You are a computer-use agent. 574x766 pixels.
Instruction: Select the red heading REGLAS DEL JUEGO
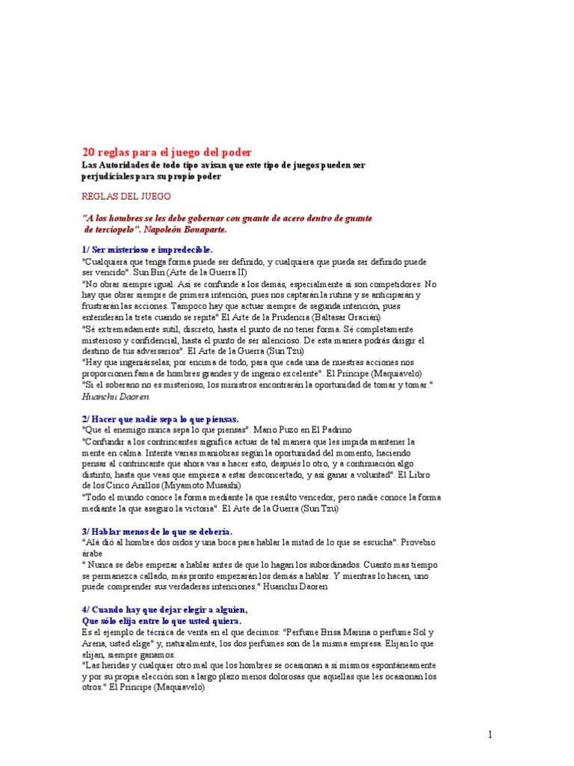tap(126, 197)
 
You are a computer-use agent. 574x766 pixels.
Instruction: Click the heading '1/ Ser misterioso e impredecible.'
tap(146, 249)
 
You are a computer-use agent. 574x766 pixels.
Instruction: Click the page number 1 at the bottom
tap(490, 735)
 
